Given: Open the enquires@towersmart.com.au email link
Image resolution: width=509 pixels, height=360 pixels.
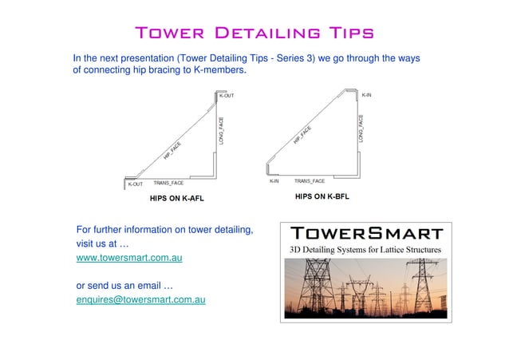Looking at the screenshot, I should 140,299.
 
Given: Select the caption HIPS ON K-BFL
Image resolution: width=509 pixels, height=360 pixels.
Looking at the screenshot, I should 322,196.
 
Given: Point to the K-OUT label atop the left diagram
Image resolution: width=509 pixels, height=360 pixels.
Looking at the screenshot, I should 227,97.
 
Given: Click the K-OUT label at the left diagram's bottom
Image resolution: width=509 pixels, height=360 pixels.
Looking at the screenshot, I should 136,184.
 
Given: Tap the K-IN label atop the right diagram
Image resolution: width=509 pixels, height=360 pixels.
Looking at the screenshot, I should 366,95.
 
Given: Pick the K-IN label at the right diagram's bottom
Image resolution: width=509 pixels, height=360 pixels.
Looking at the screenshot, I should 274,181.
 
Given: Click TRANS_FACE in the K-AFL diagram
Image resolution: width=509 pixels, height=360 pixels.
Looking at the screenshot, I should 168,184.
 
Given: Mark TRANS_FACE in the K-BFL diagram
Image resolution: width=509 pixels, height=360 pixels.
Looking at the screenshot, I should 310,181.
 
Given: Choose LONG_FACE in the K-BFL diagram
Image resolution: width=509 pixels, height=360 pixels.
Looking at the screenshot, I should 361,129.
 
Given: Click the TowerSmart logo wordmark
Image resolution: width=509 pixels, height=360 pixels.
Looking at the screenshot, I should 366,234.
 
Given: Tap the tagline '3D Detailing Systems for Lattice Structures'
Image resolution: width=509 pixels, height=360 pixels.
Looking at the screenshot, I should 365,251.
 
